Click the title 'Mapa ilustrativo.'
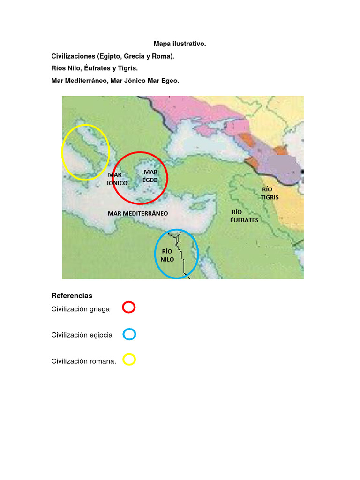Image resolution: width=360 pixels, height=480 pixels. [x=180, y=44]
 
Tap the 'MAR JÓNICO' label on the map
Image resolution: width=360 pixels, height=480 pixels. [x=116, y=179]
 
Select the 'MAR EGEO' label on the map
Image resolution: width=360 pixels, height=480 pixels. [x=150, y=176]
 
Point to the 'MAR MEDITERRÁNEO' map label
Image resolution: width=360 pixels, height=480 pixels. [x=138, y=213]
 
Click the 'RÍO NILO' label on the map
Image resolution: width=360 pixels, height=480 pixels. [x=167, y=255]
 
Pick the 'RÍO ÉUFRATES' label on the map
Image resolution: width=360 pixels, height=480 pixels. [x=244, y=216]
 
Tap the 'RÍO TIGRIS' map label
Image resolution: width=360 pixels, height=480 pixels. [x=270, y=193]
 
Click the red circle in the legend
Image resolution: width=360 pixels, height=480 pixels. [x=128, y=307]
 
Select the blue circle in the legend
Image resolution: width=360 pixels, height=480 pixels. [x=129, y=334]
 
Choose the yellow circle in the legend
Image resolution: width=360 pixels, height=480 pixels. [x=129, y=360]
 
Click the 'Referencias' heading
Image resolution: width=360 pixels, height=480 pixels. [x=72, y=296]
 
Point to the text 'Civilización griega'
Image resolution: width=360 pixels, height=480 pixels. [x=81, y=309]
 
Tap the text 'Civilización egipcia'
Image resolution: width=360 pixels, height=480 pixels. [x=82, y=335]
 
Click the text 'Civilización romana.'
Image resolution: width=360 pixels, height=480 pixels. [x=83, y=361]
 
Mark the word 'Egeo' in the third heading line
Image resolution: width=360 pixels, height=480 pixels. [x=170, y=81]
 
